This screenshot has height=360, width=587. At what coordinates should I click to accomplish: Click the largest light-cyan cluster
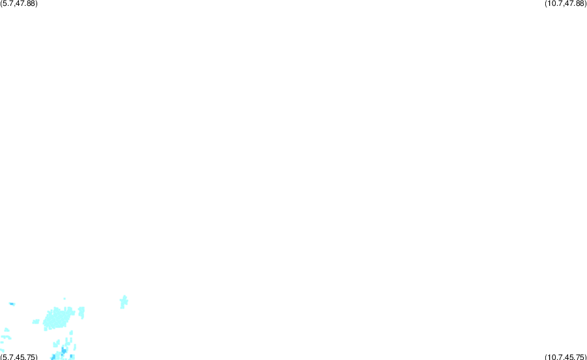pyautogui.click(x=57, y=318)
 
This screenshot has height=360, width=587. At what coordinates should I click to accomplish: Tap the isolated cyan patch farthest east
pyautogui.click(x=124, y=301)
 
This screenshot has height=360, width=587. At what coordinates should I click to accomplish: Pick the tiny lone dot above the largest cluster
pyautogui.click(x=65, y=299)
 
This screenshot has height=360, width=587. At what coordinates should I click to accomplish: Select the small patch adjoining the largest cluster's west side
pyautogui.click(x=36, y=322)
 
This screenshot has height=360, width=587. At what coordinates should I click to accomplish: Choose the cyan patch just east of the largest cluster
pyautogui.click(x=82, y=312)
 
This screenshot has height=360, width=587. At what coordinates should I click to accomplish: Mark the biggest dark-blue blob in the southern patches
pyautogui.click(x=64, y=351)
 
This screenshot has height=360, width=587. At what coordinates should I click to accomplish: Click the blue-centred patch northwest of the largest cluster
pyautogui.click(x=12, y=304)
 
